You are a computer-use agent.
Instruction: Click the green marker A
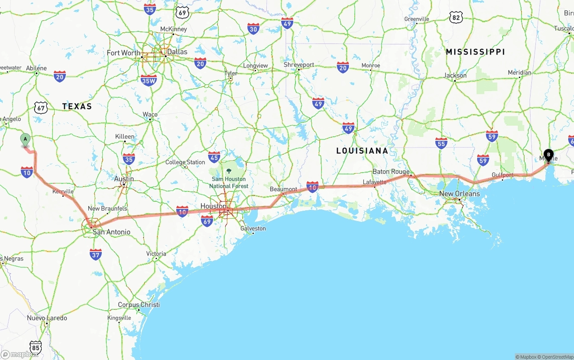point(26,139)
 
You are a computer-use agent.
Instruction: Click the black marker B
point(548,155)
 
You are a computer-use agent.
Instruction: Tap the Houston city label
point(213,206)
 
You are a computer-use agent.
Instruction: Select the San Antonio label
point(111,232)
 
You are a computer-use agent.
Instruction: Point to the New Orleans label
point(459,194)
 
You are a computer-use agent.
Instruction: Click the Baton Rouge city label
point(391,172)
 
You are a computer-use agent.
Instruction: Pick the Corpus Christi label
point(139,305)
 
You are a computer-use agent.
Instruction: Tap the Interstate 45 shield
point(214,157)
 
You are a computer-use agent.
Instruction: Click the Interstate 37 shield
point(96,255)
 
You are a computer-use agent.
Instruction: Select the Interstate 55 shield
point(441,143)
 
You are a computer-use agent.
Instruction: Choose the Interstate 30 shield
point(253,29)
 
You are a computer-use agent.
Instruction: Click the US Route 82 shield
point(456,17)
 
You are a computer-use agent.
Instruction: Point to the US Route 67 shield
point(41,108)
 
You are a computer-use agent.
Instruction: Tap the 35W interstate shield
point(148,80)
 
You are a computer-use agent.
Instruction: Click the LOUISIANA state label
point(362,151)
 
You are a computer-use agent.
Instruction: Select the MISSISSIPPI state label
point(475,52)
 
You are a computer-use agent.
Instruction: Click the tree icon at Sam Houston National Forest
point(229,171)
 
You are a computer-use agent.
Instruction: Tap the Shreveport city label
point(299,65)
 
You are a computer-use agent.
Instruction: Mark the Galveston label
point(253,229)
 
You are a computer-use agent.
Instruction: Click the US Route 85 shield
point(36,347)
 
